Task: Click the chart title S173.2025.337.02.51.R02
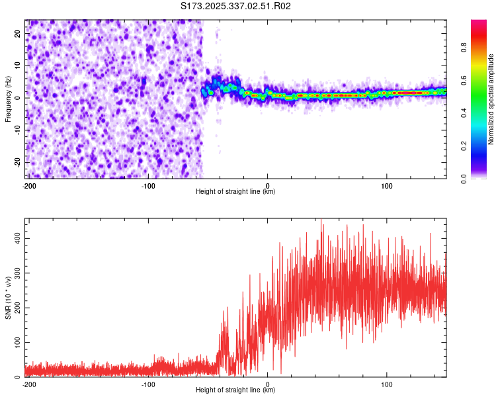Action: click(x=236, y=6)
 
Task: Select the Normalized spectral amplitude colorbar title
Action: click(x=491, y=99)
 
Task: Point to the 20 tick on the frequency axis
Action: click(x=19, y=32)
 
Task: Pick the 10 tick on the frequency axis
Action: click(x=19, y=65)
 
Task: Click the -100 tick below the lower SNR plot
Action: click(x=148, y=384)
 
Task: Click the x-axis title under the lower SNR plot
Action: click(x=235, y=390)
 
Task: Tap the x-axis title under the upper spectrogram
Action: click(x=235, y=192)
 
